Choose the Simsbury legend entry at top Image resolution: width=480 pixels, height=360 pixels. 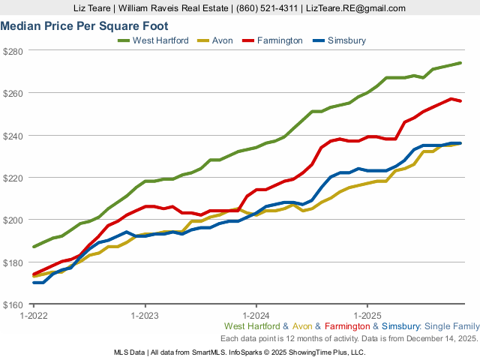pos(346,40)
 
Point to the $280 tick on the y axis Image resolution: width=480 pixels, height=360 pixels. pos(13,51)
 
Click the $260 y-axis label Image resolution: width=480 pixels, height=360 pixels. pos(13,93)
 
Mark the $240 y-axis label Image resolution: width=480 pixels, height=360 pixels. pos(13,136)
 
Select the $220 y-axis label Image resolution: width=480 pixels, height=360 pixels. pos(13,178)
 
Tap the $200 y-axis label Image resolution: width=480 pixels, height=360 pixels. pos(13,220)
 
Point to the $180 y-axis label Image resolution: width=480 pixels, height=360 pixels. pos(13,262)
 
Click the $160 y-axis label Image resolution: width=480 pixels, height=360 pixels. pos(13,304)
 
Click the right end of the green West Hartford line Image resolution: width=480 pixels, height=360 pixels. pos(460,63)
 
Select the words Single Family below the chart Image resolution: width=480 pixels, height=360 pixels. pos(451,327)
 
